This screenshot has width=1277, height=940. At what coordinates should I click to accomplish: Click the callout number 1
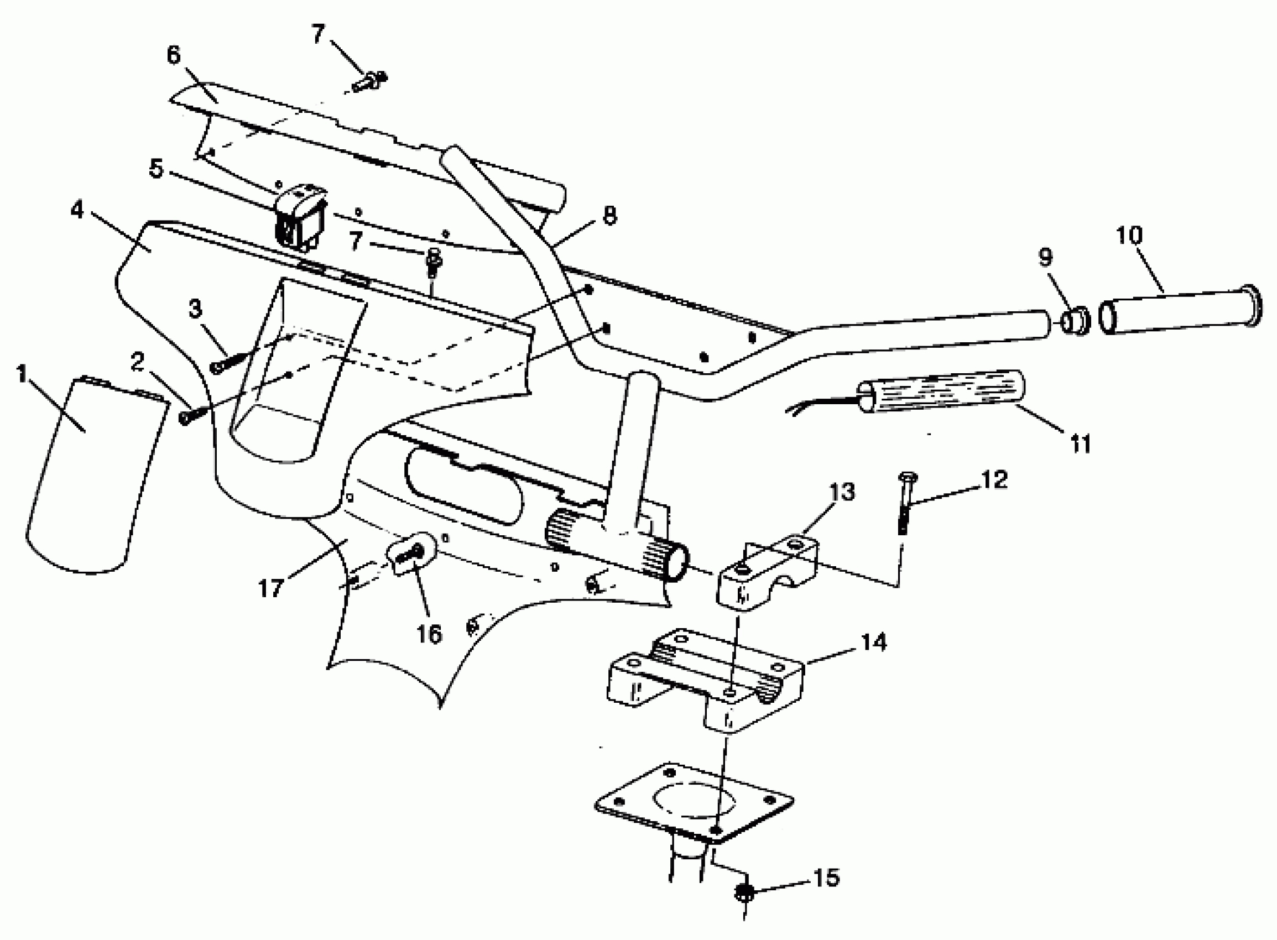22,375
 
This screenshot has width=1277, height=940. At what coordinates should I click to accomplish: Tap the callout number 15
826,878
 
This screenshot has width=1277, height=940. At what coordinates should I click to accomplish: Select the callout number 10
1129,235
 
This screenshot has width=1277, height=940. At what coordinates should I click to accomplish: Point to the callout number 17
271,588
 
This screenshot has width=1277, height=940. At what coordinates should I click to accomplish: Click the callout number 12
994,479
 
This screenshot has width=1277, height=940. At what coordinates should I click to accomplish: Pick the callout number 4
77,210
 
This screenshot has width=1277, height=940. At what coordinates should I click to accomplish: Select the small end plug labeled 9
1075,322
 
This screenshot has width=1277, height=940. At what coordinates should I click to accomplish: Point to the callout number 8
609,216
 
